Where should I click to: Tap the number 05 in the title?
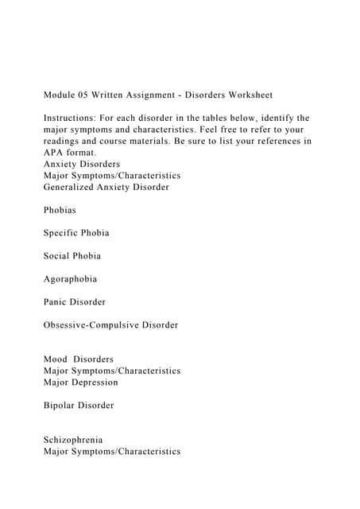92,95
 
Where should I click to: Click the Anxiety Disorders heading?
83,164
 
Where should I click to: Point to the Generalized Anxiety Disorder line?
106,187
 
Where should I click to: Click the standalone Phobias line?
60,210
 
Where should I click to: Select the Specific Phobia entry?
76,233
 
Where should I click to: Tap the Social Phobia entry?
72,256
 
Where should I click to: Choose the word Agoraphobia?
71,279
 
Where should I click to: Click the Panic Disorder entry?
75,302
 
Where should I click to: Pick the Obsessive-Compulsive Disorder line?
111,325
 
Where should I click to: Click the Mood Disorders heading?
79,359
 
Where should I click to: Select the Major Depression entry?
81,383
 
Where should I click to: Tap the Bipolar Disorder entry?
79,406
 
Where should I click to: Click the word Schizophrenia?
74,440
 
